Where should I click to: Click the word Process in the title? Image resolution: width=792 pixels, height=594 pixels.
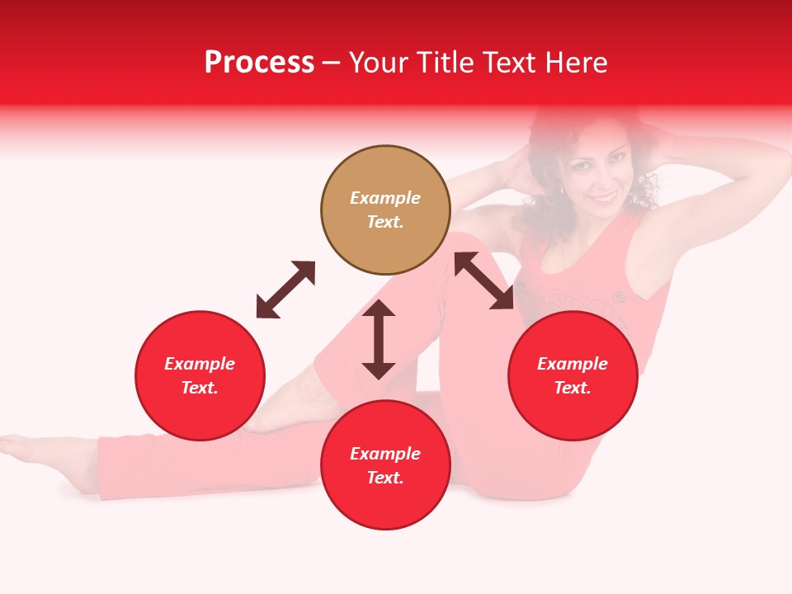(x=259, y=63)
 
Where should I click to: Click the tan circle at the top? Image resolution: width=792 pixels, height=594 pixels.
(x=385, y=210)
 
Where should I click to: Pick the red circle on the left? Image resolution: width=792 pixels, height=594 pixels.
(x=200, y=375)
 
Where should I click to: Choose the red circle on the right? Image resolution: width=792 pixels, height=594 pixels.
(x=573, y=375)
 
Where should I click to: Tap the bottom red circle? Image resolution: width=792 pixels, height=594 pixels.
(x=385, y=465)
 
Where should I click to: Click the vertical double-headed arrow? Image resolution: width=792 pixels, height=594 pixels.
(x=379, y=339)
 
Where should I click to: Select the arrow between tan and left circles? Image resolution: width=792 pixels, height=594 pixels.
(x=285, y=290)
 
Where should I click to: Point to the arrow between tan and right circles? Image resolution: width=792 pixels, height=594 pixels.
(x=484, y=280)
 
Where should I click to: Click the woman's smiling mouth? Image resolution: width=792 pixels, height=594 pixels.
(x=606, y=199)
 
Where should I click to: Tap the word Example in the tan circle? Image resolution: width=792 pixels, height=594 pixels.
(x=385, y=198)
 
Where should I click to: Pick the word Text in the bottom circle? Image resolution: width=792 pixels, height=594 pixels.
(x=385, y=478)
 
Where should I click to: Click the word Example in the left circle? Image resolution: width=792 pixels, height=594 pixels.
(x=200, y=364)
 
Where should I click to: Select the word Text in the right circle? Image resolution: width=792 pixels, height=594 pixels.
(x=573, y=388)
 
